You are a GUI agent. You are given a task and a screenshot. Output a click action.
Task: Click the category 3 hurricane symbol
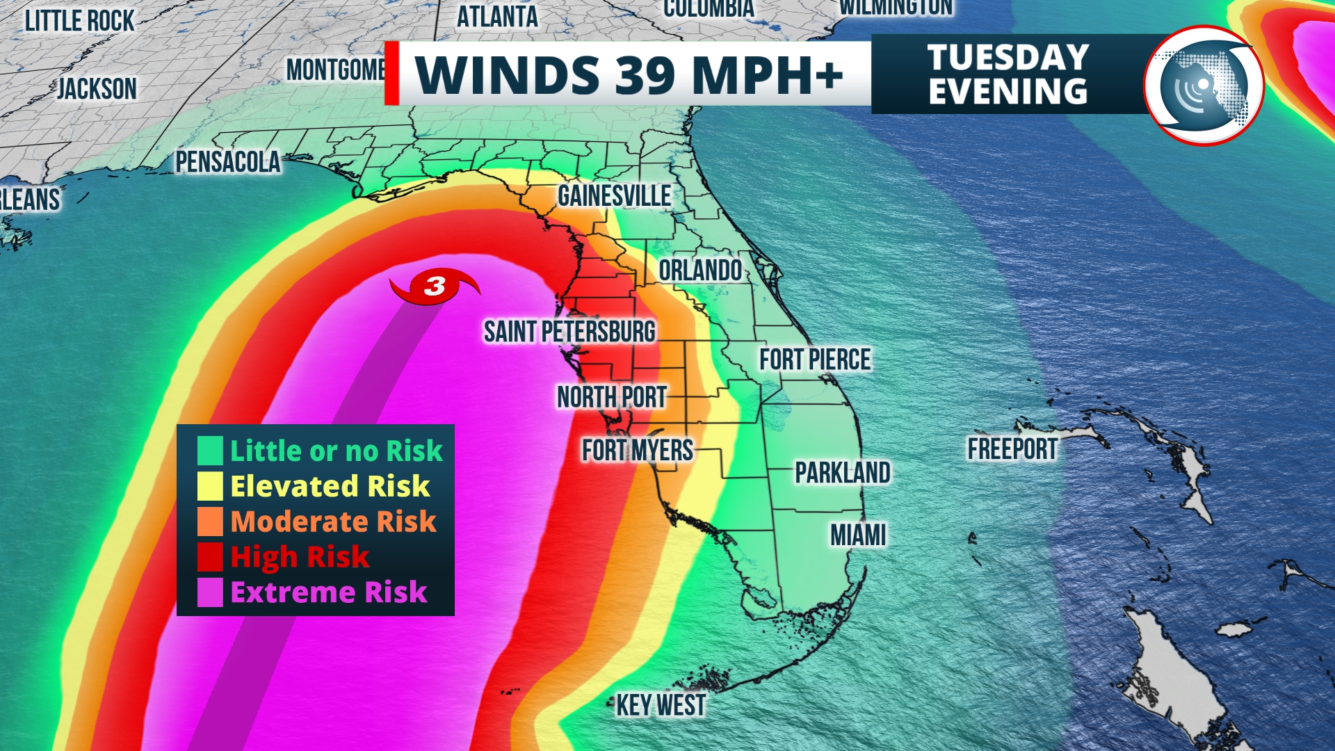(x=435, y=286)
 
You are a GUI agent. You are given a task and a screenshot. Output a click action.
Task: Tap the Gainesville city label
(x=614, y=196)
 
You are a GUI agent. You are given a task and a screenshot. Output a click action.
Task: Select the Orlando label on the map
(x=700, y=270)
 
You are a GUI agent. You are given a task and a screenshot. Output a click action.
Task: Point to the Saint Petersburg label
(x=569, y=332)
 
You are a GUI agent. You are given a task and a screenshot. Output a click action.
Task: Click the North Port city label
(x=612, y=397)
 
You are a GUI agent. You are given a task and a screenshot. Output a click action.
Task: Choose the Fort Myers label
(x=638, y=451)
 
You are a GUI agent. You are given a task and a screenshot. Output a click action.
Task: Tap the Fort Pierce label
(x=814, y=360)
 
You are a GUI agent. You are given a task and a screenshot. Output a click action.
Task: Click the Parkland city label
(x=843, y=473)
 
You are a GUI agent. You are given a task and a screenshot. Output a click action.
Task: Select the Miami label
(x=858, y=535)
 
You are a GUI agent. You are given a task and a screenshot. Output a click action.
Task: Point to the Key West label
(x=661, y=705)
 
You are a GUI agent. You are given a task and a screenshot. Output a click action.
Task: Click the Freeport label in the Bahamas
(x=1012, y=449)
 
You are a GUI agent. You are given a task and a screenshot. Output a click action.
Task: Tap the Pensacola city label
(x=227, y=162)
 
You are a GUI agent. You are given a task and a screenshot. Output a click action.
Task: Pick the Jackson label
(x=97, y=89)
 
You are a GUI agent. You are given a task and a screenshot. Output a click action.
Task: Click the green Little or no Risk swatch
(x=210, y=451)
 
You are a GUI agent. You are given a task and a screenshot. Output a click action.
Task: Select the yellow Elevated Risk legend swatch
(x=210, y=486)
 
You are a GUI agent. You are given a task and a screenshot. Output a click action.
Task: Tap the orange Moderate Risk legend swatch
(x=210, y=522)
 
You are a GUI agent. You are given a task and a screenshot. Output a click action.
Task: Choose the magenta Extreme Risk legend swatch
(x=210, y=592)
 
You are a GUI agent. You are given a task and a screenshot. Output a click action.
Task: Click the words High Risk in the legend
(x=300, y=557)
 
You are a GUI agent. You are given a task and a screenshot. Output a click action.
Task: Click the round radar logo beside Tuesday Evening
(x=1204, y=86)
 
